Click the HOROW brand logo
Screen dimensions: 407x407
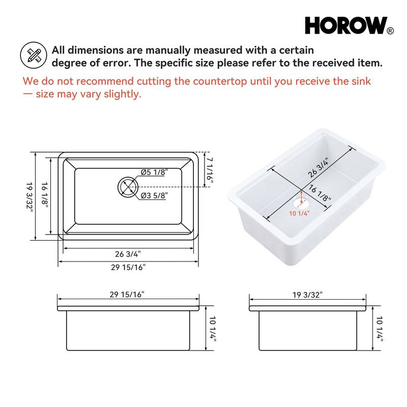point(345,25)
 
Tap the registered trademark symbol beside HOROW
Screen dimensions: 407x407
point(390,31)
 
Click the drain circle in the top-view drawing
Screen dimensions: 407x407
point(127,187)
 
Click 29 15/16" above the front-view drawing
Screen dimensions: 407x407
point(127,294)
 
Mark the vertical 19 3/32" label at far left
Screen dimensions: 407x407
point(30,196)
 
